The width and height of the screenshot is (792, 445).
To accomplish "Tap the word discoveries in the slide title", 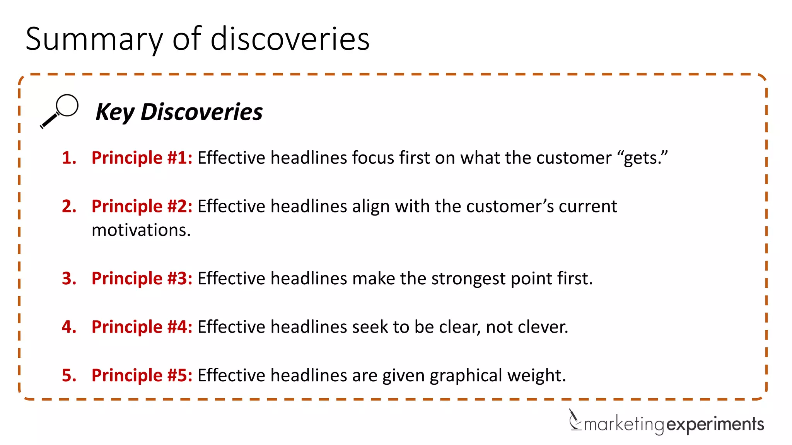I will coord(290,39).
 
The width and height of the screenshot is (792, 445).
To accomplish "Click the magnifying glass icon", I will coord(60,111).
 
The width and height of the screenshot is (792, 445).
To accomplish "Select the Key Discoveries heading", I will coord(179,112).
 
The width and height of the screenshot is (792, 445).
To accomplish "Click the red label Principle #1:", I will coord(142,158).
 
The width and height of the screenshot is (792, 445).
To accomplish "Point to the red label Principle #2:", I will coord(142,206).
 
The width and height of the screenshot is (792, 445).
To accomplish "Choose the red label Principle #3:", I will coord(142,279).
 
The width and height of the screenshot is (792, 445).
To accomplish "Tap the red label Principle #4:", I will coord(142,327).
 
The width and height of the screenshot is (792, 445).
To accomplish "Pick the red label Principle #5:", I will coord(142,375).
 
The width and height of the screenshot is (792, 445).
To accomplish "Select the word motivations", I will coord(141,230).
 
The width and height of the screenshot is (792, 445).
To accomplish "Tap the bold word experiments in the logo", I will coord(715,425).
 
